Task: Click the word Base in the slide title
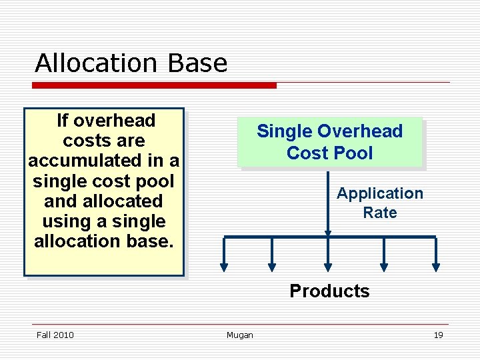198,63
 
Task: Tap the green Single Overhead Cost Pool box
331,142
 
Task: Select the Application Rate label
379,203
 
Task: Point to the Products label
329,291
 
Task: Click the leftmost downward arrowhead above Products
224,267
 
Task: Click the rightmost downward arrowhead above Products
436,267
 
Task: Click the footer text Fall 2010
55,335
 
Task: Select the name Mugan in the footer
240,335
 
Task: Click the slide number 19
438,335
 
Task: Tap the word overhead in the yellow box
115,121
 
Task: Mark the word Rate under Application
380,213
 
